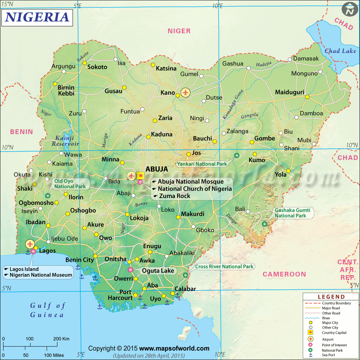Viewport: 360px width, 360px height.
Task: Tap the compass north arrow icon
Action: tap(348, 9)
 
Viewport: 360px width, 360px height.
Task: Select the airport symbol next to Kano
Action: tap(186, 93)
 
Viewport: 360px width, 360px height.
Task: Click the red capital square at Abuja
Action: tap(141, 176)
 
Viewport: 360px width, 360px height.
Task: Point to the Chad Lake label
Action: tap(340, 51)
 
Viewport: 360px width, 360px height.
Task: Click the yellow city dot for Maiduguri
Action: tap(307, 96)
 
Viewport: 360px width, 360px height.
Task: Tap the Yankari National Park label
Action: tap(202, 164)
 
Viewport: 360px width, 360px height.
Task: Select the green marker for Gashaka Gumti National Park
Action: tap(265, 224)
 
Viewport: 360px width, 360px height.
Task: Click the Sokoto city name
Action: tap(98, 67)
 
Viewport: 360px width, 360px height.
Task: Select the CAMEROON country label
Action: tap(284, 274)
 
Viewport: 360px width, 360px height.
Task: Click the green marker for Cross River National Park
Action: tap(185, 275)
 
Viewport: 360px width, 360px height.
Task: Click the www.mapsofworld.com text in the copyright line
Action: tap(174, 348)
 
